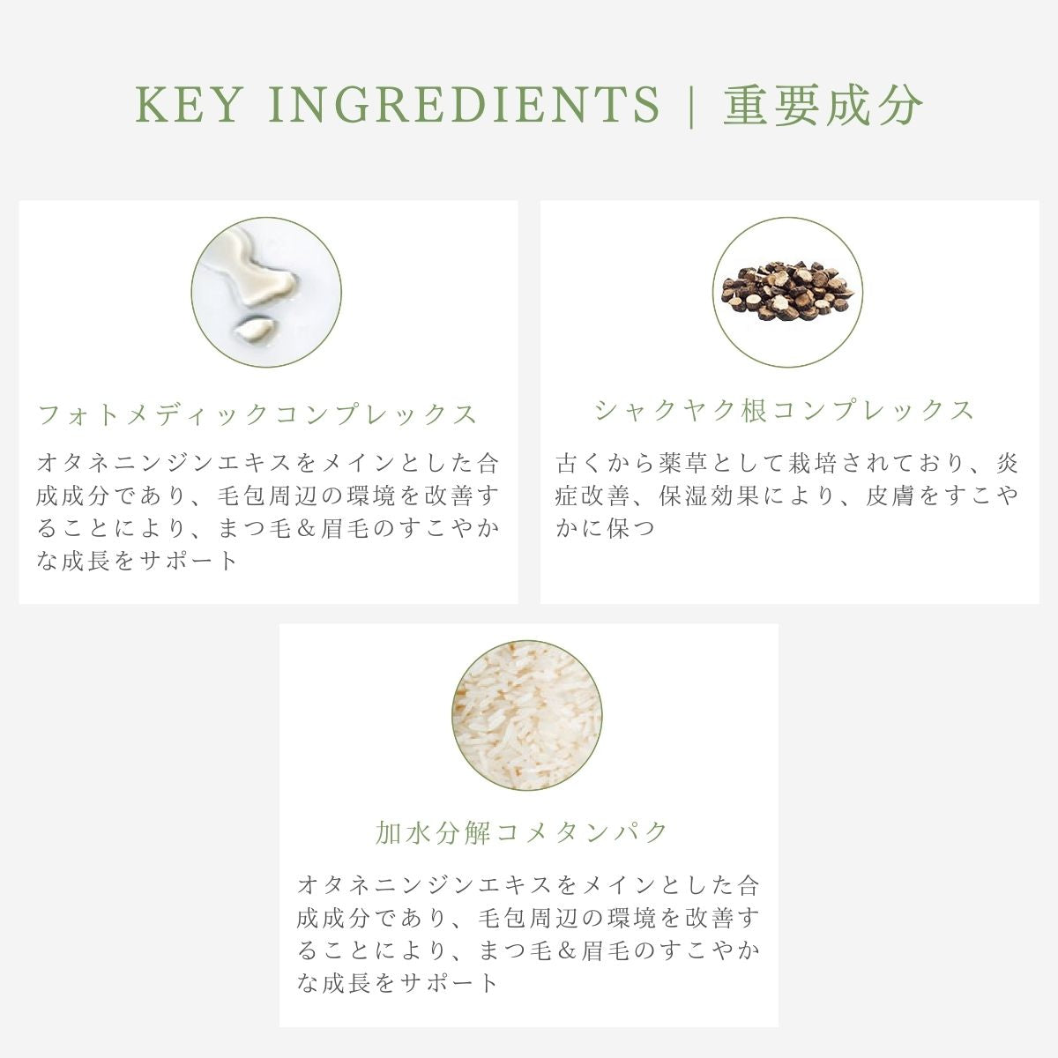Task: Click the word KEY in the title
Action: (x=187, y=106)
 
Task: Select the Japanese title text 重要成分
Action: (x=823, y=106)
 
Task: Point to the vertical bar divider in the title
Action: (x=692, y=106)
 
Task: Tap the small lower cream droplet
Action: (x=253, y=329)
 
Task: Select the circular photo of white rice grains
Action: (x=527, y=714)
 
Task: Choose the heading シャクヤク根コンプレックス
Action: (x=785, y=410)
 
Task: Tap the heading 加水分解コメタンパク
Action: (x=521, y=831)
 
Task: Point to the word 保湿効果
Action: (x=711, y=495)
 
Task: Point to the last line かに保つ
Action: (x=606, y=528)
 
